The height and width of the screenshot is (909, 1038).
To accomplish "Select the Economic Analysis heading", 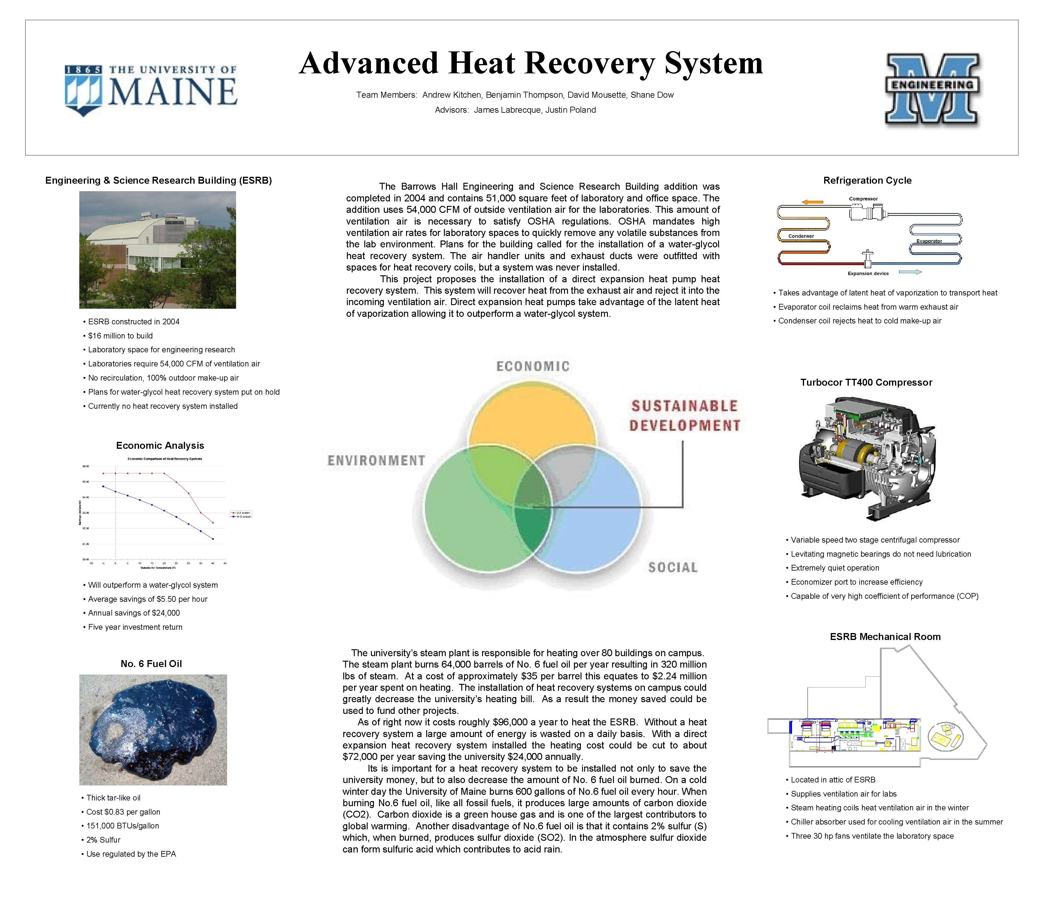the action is pyautogui.click(x=160, y=445).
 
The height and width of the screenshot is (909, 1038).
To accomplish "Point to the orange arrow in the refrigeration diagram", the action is pyautogui.click(x=812, y=202).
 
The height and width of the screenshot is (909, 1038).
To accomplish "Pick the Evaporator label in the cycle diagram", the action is pyautogui.click(x=929, y=241).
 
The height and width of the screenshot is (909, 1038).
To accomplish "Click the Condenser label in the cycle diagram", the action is pyautogui.click(x=801, y=236).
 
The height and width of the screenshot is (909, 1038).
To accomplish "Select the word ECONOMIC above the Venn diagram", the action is pyautogui.click(x=533, y=366).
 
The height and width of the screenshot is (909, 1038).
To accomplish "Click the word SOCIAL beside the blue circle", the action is pyautogui.click(x=672, y=567).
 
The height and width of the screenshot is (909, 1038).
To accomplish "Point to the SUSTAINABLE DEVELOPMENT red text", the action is pyautogui.click(x=685, y=415).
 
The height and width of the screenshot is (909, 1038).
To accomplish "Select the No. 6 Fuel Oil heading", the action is pyautogui.click(x=151, y=663).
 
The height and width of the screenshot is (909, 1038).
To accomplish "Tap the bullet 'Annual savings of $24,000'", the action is pyautogui.click(x=134, y=613).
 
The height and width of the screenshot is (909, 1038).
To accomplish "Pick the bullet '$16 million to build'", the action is pyautogui.click(x=120, y=336).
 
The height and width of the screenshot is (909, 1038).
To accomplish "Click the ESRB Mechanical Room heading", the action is pyautogui.click(x=885, y=637).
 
